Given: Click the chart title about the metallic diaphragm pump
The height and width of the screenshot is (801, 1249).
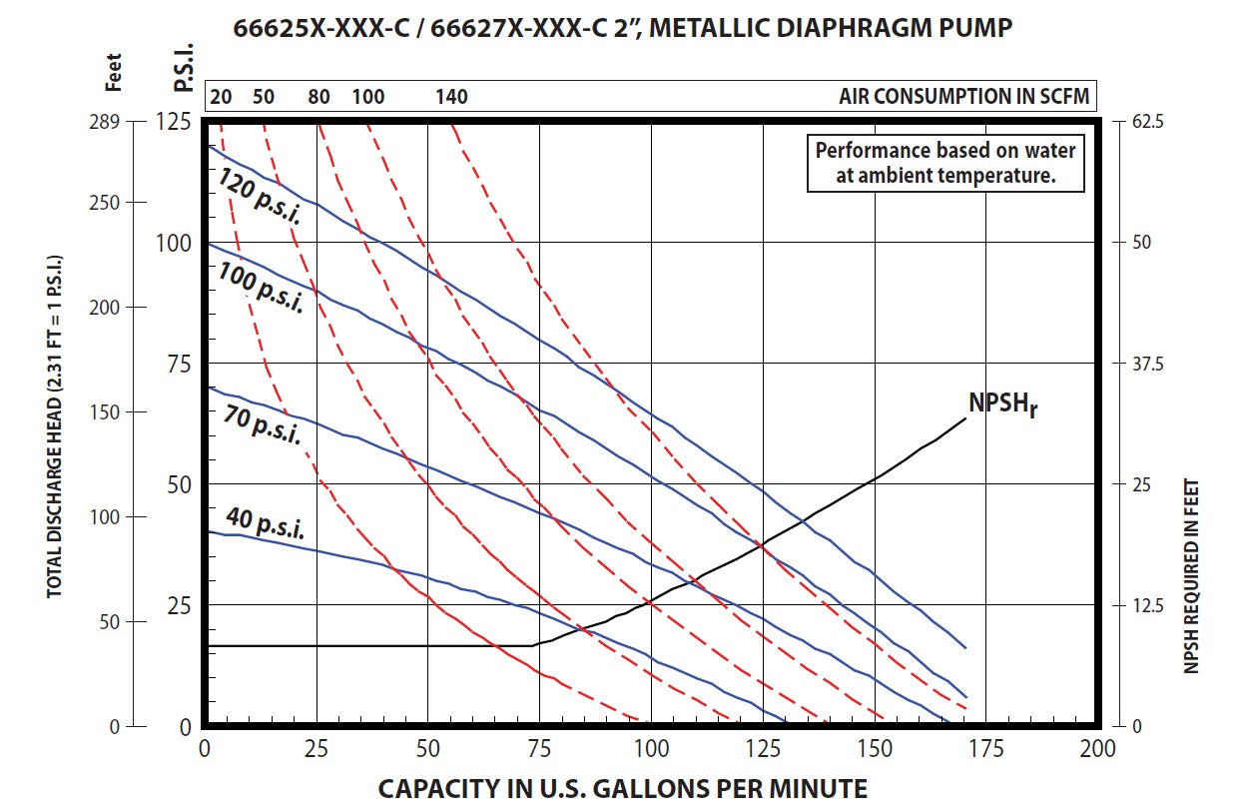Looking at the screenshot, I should coord(623,27).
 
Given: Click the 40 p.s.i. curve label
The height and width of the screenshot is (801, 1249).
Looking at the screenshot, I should coord(266,523).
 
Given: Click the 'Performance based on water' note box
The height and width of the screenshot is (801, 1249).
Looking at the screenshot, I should coord(945,164).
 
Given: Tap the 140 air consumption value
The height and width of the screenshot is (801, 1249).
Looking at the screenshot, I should coord(451,97).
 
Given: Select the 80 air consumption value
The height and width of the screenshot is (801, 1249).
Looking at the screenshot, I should coord(318,97).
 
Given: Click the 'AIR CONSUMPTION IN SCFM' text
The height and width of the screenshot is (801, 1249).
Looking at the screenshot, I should coord(964,97).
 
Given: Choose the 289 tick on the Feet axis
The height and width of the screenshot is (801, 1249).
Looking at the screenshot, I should coord(133,122).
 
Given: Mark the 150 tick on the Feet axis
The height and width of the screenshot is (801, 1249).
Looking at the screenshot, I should coord(133,411).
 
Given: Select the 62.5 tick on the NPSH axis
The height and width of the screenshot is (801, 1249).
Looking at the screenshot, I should coord(1146,122).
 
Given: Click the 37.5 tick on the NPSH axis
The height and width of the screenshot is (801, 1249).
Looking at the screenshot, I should coord(1146,364).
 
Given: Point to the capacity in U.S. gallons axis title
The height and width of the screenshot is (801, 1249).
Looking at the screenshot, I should coord(622,787).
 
